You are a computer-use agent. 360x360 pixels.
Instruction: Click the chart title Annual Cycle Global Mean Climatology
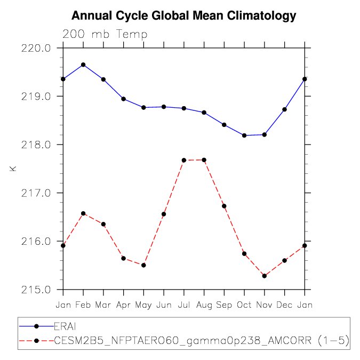tap(183, 16)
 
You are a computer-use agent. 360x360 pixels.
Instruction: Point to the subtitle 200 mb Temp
tap(105, 35)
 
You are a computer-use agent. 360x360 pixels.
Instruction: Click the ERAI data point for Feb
tap(83, 65)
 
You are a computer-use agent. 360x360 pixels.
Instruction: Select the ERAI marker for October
tap(244, 135)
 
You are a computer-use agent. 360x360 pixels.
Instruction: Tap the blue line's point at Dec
tap(284, 109)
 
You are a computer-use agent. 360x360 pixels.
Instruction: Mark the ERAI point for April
tap(124, 99)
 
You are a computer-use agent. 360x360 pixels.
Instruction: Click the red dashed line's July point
tap(184, 160)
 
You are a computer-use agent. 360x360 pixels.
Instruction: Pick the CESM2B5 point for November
tap(265, 276)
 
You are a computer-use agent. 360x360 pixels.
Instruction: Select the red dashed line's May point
tap(143, 265)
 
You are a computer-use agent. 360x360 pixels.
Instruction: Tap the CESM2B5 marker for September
tap(224, 206)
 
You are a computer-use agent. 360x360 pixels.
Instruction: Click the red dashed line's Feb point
tap(83, 213)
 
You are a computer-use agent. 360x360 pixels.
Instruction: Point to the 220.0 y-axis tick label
tap(36, 49)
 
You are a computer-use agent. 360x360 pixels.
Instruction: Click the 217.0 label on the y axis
tap(36, 193)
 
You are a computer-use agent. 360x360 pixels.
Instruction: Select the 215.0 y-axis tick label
tap(36, 290)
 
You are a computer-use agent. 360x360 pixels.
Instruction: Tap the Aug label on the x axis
tap(204, 306)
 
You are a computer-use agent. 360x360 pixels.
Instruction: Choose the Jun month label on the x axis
tap(164, 305)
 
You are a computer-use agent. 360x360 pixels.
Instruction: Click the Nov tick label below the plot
tap(264, 305)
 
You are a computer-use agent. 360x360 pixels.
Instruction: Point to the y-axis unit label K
tap(13, 169)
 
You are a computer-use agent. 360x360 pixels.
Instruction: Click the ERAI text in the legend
tap(65, 326)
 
